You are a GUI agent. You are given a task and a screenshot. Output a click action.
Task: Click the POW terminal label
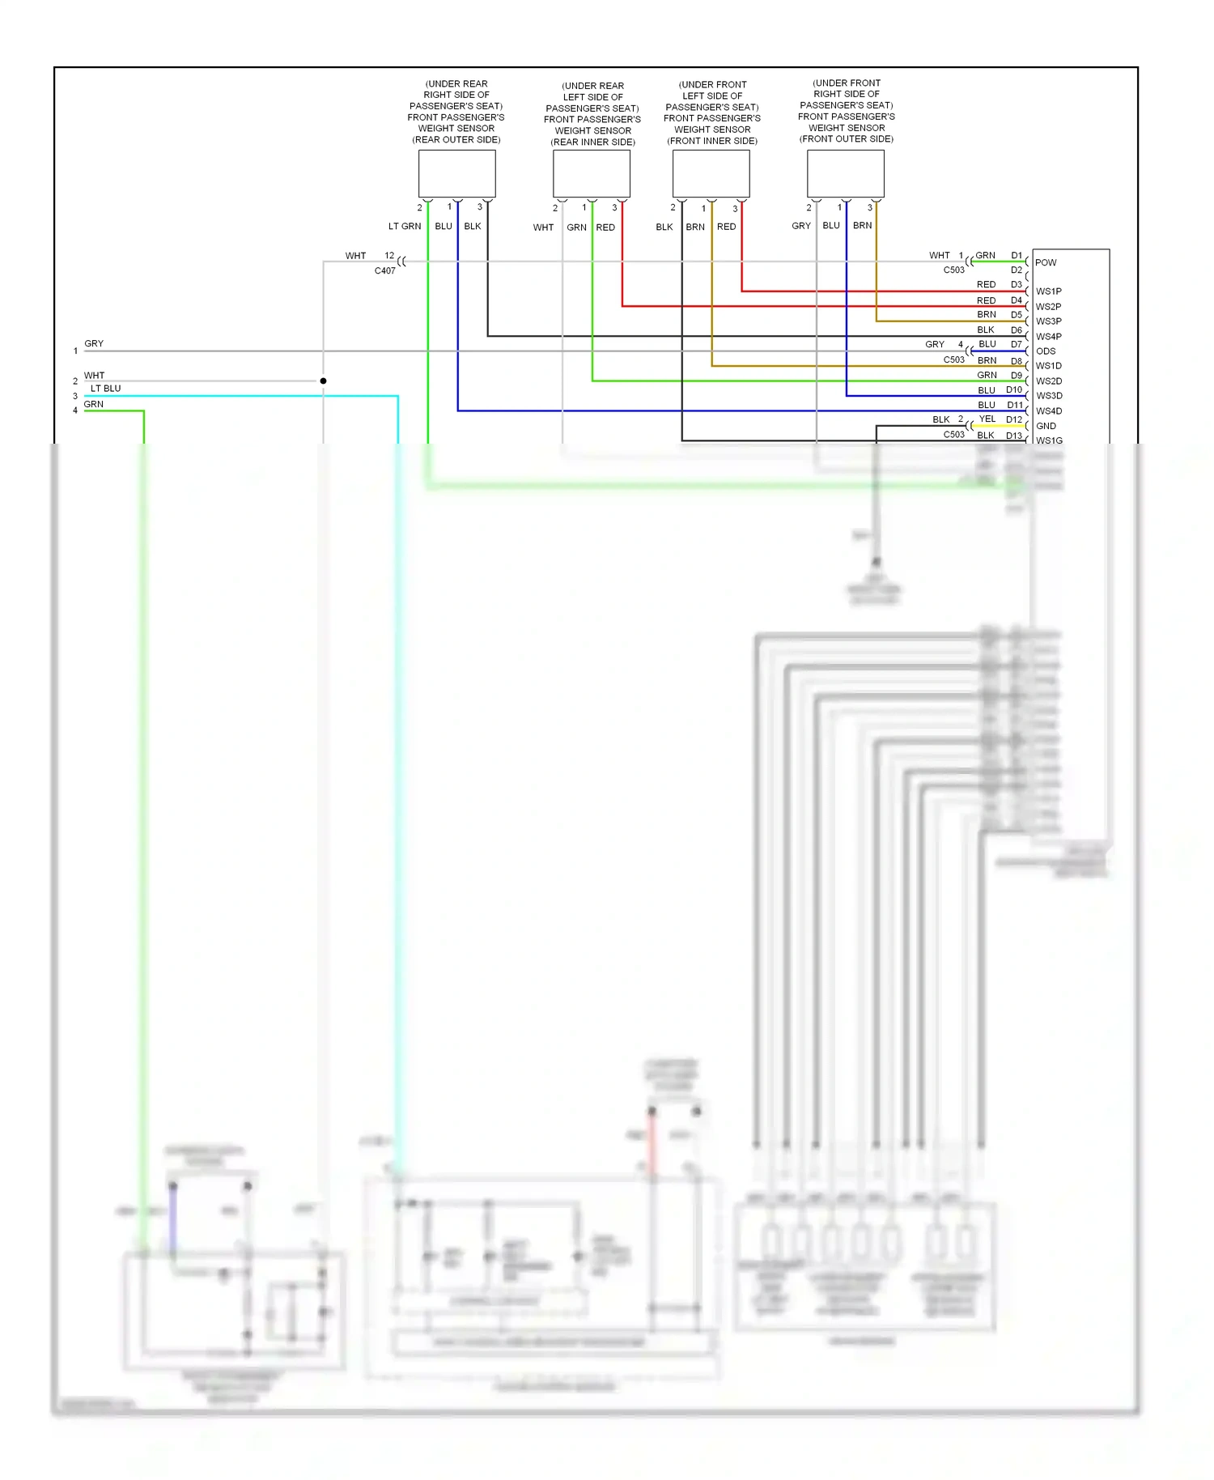tap(1046, 262)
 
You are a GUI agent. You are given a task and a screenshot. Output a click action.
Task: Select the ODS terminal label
tap(1046, 351)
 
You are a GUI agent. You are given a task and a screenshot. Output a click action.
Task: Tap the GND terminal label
tap(1046, 426)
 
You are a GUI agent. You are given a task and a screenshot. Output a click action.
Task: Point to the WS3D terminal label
tap(1049, 396)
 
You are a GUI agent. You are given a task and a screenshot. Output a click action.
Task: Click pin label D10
tap(1014, 390)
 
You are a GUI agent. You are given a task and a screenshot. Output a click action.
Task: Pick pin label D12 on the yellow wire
tap(1014, 419)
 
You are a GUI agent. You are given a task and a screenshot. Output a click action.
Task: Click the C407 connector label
tap(385, 270)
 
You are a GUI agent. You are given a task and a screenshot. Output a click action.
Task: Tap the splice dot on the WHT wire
tap(323, 381)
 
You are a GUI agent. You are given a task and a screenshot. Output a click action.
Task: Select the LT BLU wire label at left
tap(105, 389)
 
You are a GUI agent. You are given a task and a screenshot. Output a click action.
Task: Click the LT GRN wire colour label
tap(405, 227)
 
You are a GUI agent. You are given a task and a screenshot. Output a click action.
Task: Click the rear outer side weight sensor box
tap(456, 174)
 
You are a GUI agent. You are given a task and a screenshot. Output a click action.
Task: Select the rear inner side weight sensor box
tap(592, 174)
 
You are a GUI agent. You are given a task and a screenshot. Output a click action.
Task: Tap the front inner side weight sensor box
tap(711, 174)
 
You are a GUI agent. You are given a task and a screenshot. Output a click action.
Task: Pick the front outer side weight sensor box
tap(846, 174)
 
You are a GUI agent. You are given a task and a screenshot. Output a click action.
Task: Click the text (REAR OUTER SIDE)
tap(456, 140)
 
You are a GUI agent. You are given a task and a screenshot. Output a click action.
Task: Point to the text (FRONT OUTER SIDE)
tap(847, 139)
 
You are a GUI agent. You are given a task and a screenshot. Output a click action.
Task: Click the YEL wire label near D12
tap(987, 419)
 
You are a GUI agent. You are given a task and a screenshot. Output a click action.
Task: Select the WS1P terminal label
tap(1049, 291)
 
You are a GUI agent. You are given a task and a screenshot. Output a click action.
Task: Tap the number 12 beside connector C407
tap(389, 256)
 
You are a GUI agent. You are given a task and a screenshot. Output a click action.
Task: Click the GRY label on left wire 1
tap(94, 344)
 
